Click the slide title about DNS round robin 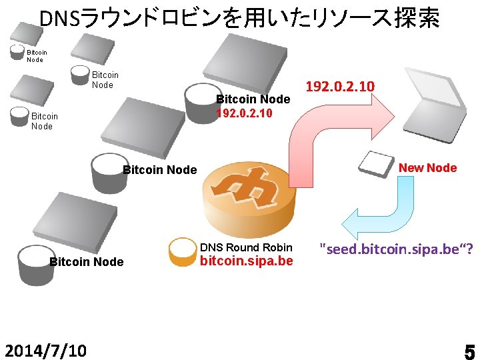pyautogui.click(x=239, y=18)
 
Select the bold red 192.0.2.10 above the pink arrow pyautogui.click(x=339, y=87)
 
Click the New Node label pyautogui.click(x=427, y=168)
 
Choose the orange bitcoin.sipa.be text pyautogui.click(x=247, y=260)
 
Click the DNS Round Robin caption pyautogui.click(x=247, y=247)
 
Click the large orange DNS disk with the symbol pyautogui.click(x=247, y=197)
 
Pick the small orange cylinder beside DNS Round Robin pyautogui.click(x=181, y=253)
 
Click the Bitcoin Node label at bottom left pyautogui.click(x=87, y=262)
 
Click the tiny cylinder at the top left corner pyautogui.click(x=17, y=53)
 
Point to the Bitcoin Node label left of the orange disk pyautogui.click(x=160, y=170)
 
